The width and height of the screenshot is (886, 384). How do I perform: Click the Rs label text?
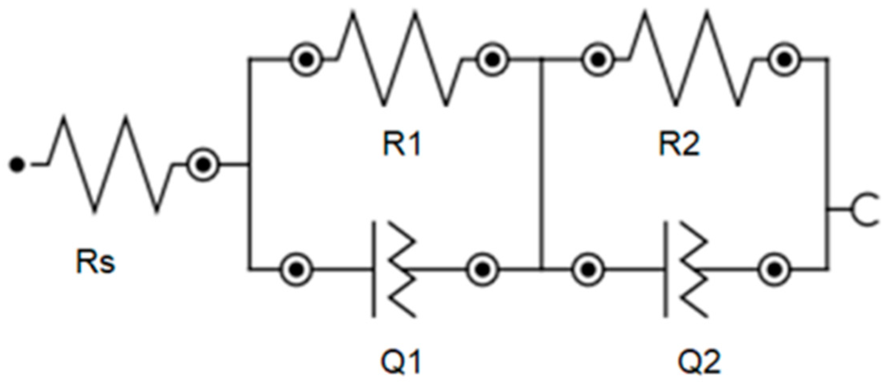(x=96, y=262)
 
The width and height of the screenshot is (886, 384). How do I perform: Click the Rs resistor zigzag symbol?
(x=111, y=163)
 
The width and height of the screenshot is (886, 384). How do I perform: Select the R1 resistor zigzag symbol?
(x=399, y=60)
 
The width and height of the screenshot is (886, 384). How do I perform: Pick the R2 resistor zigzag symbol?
(x=691, y=60)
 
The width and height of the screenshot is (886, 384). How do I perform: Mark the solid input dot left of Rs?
(x=17, y=164)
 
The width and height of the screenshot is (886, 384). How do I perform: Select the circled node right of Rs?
(x=203, y=164)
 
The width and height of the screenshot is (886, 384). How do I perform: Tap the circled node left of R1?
(x=306, y=60)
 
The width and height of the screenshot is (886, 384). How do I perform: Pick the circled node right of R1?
(x=493, y=60)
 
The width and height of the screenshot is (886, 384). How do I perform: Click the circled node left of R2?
(x=597, y=60)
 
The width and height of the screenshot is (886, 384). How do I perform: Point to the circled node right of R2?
(x=784, y=60)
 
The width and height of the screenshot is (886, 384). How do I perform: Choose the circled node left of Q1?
(x=297, y=270)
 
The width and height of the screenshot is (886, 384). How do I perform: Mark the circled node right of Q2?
(x=775, y=270)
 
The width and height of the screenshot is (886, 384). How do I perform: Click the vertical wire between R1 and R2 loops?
(x=542, y=163)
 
